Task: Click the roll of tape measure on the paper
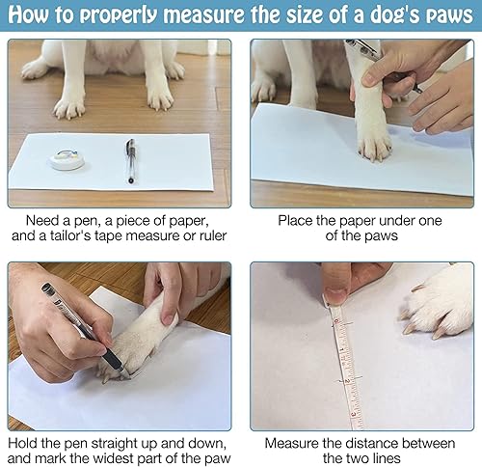66,154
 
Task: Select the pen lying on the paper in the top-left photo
129,158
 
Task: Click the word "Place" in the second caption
296,220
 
